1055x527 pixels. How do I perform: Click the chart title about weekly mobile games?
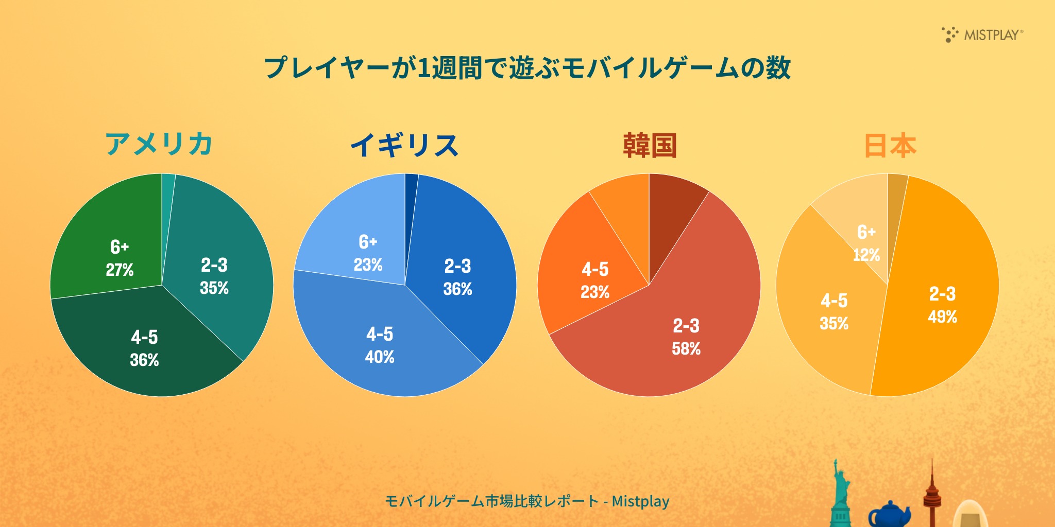click(527, 68)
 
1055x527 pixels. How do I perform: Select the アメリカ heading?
click(159, 144)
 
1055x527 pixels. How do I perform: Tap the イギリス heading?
click(404, 145)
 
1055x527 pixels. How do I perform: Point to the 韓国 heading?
click(649, 145)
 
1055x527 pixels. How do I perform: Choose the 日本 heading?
click(890, 145)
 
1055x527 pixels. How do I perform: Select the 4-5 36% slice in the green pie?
click(144, 348)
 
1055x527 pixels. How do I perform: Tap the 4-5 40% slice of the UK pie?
click(380, 345)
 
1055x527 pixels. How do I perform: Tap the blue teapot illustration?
click(889, 515)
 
